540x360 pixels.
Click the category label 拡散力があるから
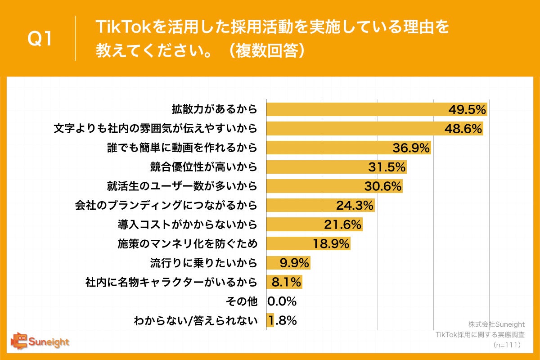click(x=214, y=109)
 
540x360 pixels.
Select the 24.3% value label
click(x=355, y=206)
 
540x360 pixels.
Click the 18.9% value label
click(x=331, y=244)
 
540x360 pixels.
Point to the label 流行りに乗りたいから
click(x=203, y=263)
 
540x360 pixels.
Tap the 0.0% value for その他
click(x=282, y=301)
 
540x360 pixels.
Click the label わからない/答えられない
click(x=196, y=321)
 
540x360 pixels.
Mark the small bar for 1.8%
click(x=270, y=320)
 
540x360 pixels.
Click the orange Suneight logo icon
click(x=20, y=341)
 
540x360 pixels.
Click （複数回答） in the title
click(x=270, y=50)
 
